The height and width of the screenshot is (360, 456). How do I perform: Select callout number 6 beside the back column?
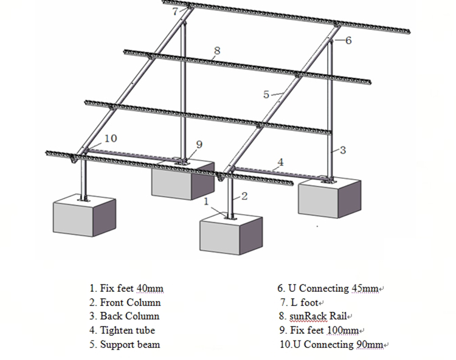(x=348, y=41)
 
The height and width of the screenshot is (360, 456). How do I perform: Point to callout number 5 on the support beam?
(x=266, y=94)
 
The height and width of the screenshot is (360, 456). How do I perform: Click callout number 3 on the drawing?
(x=343, y=150)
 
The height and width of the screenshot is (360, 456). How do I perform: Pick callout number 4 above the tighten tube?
(x=280, y=162)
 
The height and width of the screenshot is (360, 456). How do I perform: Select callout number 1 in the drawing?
(x=206, y=200)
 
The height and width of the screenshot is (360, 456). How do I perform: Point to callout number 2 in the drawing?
(x=244, y=196)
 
